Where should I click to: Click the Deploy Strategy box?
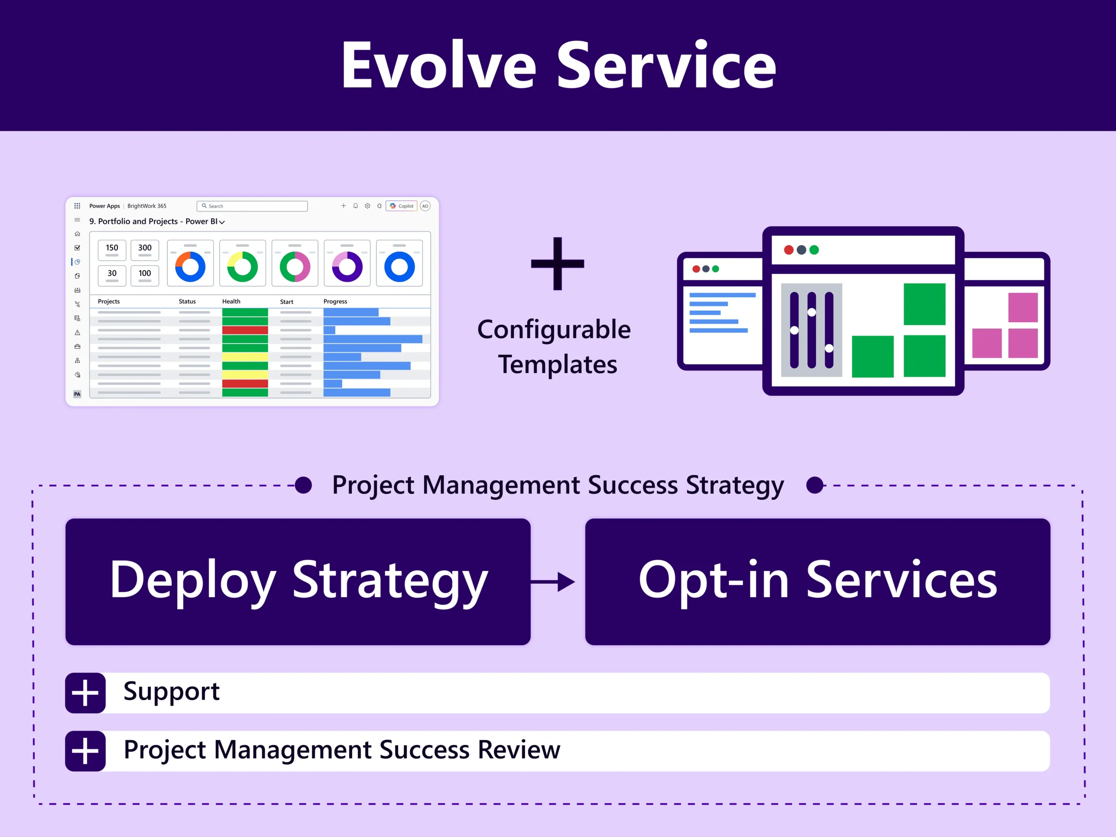click(298, 581)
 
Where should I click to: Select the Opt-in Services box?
click(817, 581)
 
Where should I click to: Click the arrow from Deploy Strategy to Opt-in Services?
click(554, 582)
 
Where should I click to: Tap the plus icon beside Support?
click(85, 693)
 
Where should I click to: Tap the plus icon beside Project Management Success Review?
click(85, 751)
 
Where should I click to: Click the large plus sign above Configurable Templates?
click(558, 263)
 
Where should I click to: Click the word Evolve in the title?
click(439, 65)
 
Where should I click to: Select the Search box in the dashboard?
click(252, 206)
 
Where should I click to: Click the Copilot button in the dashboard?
click(401, 206)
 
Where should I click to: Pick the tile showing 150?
click(112, 250)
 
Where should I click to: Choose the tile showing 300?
click(145, 250)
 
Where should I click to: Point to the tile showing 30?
click(112, 275)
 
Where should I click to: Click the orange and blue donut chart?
click(190, 266)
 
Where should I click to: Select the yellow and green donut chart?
click(243, 266)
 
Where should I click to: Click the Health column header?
click(231, 301)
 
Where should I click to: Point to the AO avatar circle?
click(425, 206)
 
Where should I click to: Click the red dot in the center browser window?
click(789, 250)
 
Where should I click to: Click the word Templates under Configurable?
click(558, 364)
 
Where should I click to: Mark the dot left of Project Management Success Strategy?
click(303, 485)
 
